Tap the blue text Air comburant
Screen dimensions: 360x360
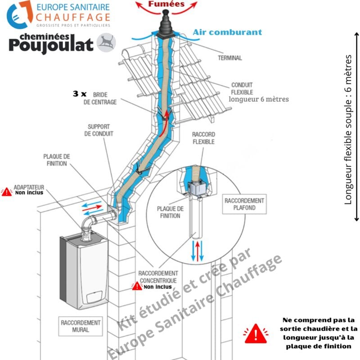point(227,32)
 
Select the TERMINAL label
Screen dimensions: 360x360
point(229,58)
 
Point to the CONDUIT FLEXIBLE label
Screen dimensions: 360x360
point(242,88)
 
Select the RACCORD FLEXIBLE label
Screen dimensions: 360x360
point(203,138)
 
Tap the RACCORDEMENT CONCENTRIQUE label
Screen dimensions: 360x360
point(157,277)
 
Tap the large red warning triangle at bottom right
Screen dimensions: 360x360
point(256,333)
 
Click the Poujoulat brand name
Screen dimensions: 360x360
point(51,44)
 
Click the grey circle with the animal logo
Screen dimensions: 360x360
point(106,42)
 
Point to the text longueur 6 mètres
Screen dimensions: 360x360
point(258,99)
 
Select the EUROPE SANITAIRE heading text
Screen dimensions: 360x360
point(73,7)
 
